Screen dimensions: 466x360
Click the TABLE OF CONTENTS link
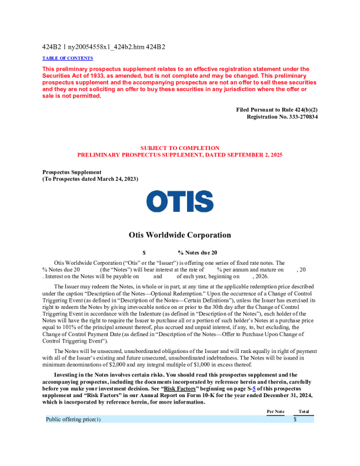pyautogui.click(x=68, y=58)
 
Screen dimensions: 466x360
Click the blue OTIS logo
pyautogui.click(x=180, y=202)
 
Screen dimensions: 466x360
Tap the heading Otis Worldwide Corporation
pyautogui.click(x=180, y=235)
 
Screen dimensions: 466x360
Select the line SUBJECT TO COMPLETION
pyautogui.click(x=180, y=148)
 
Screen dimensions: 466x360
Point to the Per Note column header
pyautogui.click(x=276, y=411)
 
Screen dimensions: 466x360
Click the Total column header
pyautogui.click(x=304, y=411)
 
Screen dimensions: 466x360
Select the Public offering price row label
pyautogui.click(x=74, y=420)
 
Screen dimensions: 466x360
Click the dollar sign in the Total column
pyautogui.click(x=295, y=420)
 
